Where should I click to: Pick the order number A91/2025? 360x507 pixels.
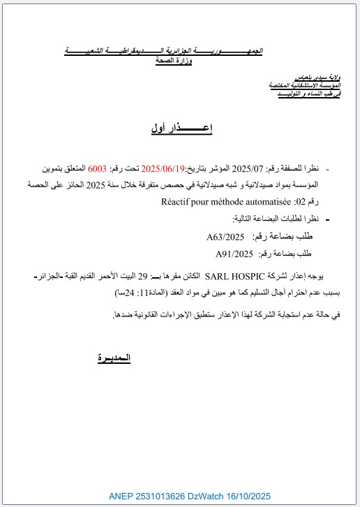click(233, 253)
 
